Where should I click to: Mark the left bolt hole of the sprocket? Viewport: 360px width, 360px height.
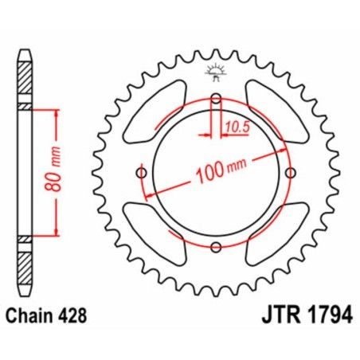coord(142,173)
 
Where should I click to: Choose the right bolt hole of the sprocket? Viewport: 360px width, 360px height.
coord(292,173)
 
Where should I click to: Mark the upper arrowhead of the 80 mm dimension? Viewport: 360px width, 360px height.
coord(57,114)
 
